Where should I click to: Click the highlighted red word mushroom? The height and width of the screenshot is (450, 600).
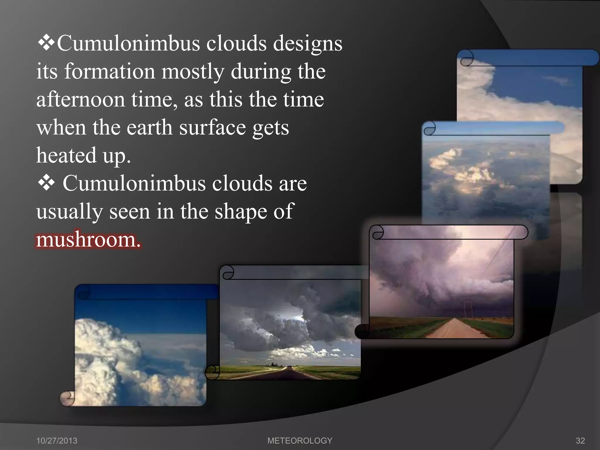pos(88,240)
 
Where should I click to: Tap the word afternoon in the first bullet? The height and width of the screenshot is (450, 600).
pos(81,100)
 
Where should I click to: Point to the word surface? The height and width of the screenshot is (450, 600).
pos(212,128)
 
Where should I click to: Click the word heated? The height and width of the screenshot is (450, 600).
pos(66,155)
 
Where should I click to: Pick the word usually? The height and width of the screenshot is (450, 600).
pos(69,212)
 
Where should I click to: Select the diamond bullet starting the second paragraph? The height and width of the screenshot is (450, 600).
pos(46,183)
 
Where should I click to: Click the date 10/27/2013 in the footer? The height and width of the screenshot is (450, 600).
pos(57,441)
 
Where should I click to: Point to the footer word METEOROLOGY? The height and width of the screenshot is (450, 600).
pos(300,441)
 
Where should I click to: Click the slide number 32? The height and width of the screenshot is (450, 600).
pos(580,441)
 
